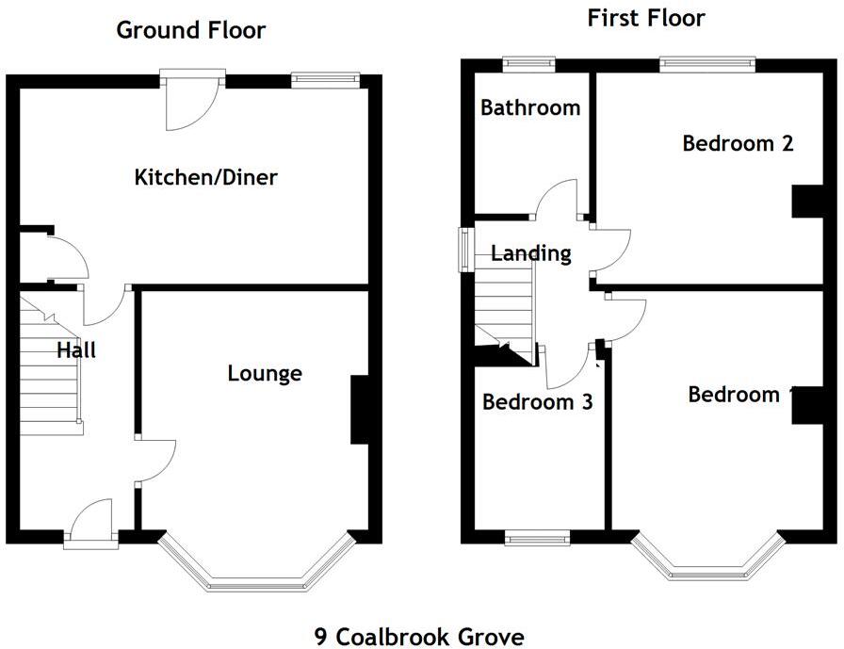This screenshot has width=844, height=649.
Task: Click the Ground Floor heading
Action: coord(190,30)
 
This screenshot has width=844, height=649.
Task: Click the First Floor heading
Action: coord(645,18)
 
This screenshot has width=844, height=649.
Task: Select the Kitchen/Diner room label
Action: coord(206,177)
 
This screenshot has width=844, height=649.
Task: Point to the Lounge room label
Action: coord(265,374)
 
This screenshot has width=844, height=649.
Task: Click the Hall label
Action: coord(76,351)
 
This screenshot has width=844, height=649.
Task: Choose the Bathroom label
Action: coord(529,107)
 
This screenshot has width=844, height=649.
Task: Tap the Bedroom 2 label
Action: coord(738,143)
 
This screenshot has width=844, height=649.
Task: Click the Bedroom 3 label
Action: coord(537,402)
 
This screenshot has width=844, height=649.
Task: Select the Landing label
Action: coord(531,253)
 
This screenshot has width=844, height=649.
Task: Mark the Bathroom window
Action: coord(528,64)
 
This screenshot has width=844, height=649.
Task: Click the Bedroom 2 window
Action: coord(706,64)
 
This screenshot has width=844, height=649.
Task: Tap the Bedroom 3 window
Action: coord(537,539)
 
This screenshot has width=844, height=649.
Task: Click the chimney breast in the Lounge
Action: coord(359,410)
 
